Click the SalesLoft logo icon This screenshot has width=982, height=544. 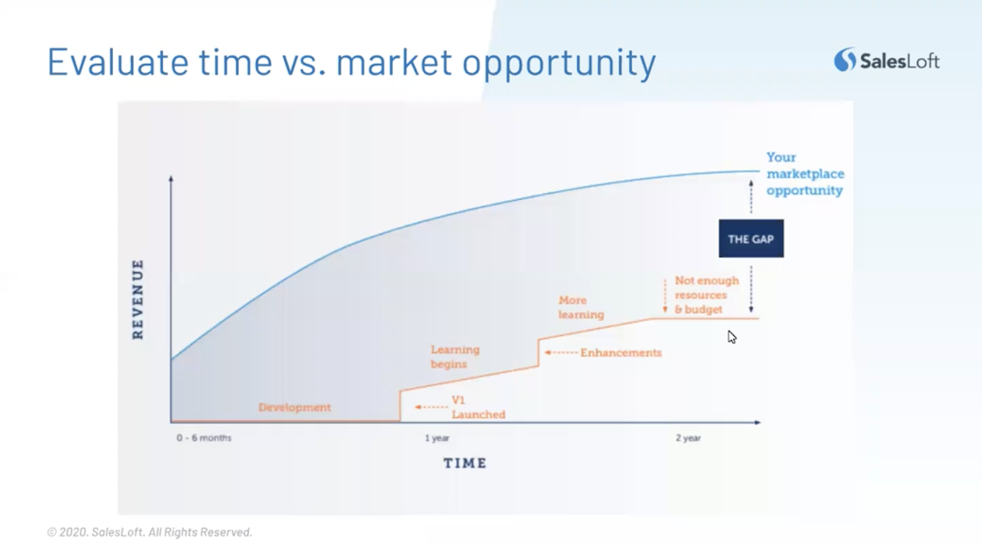coord(845,60)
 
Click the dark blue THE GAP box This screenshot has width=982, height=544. coord(751,238)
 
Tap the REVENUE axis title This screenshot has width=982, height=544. coord(137,299)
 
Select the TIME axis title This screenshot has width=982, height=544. coord(465,463)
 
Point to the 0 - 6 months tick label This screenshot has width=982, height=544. coord(204,438)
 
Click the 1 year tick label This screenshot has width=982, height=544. coord(437,438)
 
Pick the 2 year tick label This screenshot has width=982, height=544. coord(688,438)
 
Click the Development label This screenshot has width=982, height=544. coord(295,407)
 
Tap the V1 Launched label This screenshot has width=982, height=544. coord(478,407)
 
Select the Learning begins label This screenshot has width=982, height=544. coord(455,357)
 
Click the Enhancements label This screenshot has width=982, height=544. coord(621,352)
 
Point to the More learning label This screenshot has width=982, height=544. coord(581,307)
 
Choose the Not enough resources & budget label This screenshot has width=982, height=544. coord(706,295)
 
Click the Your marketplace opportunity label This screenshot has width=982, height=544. coord(805,174)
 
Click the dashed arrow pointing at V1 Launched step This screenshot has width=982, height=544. coord(431,407)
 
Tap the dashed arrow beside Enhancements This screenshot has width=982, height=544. coord(561,352)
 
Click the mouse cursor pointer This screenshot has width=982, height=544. coord(732,337)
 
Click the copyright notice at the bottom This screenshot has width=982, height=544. coord(150,532)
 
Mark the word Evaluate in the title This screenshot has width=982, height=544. coord(118,61)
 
